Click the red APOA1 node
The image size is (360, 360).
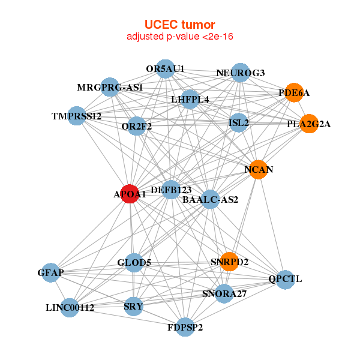point(130,194)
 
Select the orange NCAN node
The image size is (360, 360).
point(258,170)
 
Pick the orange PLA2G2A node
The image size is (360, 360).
point(308,124)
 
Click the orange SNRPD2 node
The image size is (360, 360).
point(230,262)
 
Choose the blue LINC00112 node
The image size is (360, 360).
point(70,308)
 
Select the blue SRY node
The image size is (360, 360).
point(133,307)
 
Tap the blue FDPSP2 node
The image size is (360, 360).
point(185,327)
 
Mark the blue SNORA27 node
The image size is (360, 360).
point(223,293)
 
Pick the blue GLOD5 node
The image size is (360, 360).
point(134,262)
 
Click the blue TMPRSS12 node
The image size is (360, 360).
point(76,115)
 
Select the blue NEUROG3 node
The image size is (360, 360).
point(240,73)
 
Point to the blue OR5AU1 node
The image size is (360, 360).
point(165,68)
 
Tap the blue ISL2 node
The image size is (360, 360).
point(239,123)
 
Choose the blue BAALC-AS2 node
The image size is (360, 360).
point(210,199)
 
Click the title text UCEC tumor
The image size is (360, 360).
point(179,25)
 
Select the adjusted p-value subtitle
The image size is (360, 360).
point(179,37)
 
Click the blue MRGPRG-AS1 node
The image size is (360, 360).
point(109,88)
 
